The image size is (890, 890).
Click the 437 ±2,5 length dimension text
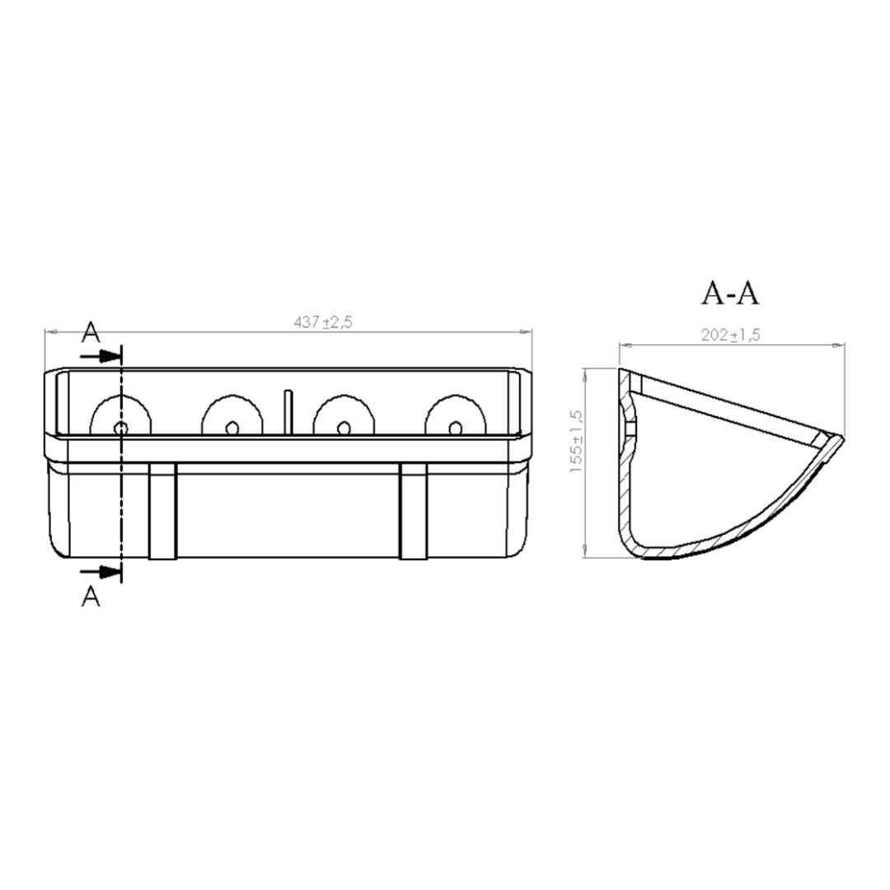pos(323,322)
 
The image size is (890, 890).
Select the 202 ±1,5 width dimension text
pos(730,335)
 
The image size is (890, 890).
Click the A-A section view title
pos(730,293)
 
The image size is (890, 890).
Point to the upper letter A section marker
pos(91,332)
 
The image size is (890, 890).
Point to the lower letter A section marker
pos(91,596)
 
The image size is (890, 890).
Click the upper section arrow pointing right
pos(101,357)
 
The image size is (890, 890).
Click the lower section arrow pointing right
pos(101,572)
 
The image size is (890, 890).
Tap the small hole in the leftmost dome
pos(120,428)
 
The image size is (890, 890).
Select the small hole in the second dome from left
pos(232,428)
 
